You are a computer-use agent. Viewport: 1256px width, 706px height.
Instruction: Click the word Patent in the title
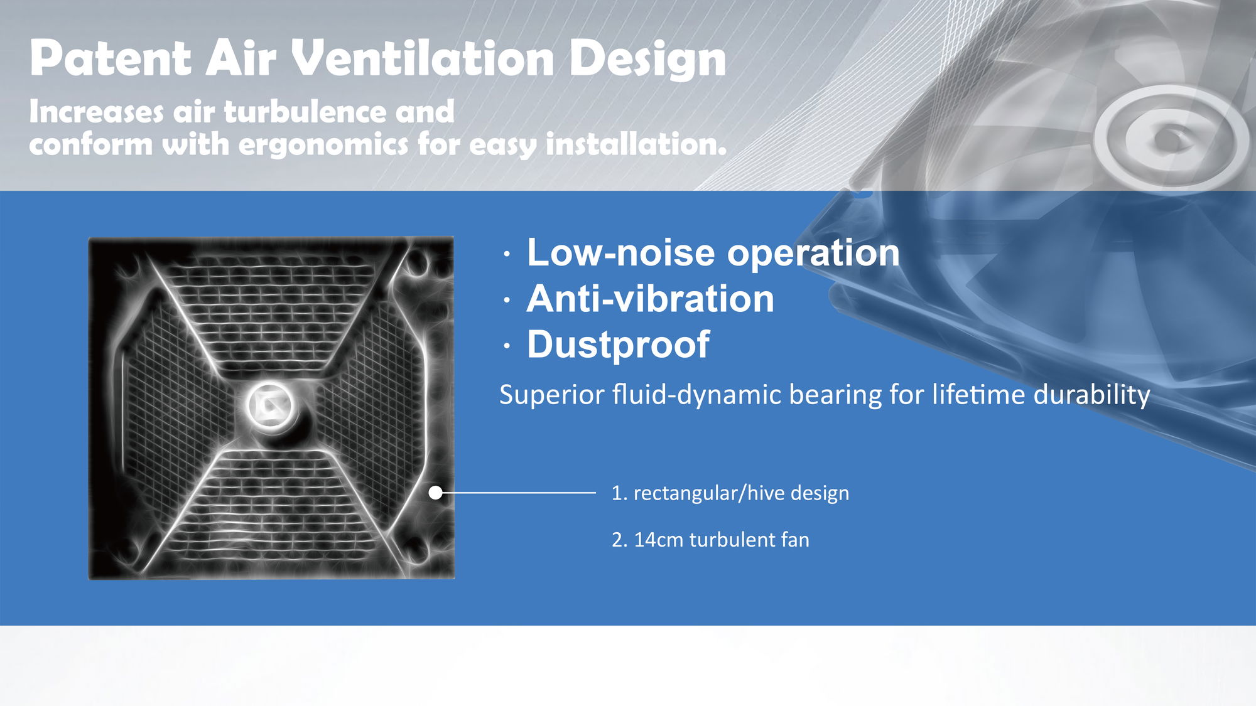point(110,58)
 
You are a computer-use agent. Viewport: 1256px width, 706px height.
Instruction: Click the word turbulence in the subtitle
point(305,112)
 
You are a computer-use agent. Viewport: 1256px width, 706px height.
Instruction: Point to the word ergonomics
point(323,145)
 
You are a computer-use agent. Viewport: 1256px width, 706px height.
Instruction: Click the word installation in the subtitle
point(636,144)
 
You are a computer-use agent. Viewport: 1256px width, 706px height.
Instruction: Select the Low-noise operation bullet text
point(713,253)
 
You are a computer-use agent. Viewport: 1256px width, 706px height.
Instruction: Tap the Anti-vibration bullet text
point(650,298)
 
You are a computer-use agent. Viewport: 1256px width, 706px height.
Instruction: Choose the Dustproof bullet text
point(618,345)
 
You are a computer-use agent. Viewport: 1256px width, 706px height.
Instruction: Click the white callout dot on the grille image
point(435,493)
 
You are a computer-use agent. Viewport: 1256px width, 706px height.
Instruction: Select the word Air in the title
point(241,58)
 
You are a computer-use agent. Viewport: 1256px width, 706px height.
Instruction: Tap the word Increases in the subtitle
point(97,112)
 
